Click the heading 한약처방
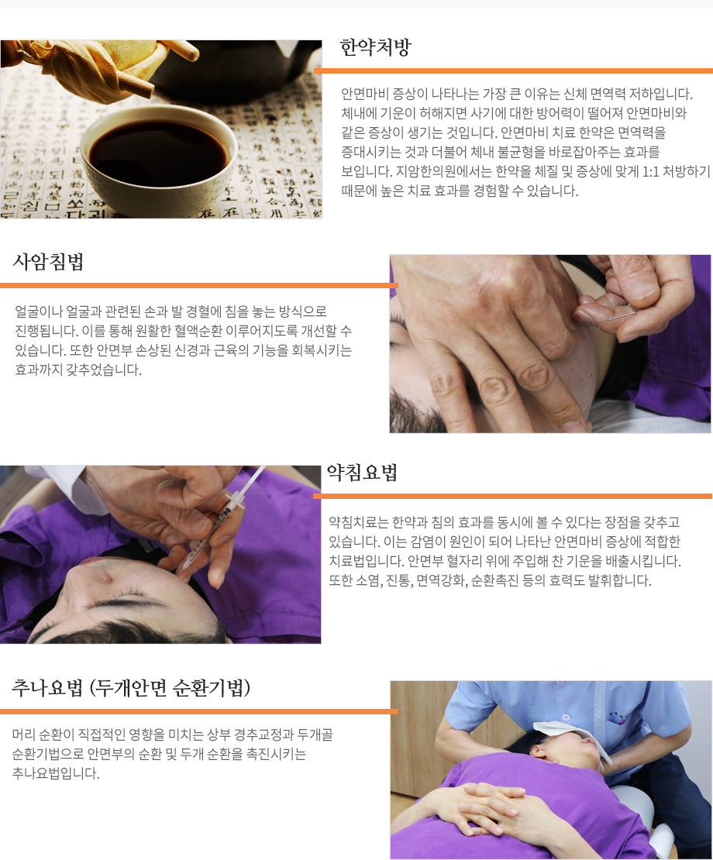tap(376, 48)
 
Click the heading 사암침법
tap(48, 262)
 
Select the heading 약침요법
tap(362, 473)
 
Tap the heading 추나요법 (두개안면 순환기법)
tap(131, 688)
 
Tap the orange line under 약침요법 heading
tap(512, 496)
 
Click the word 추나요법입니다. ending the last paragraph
tap(56, 773)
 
